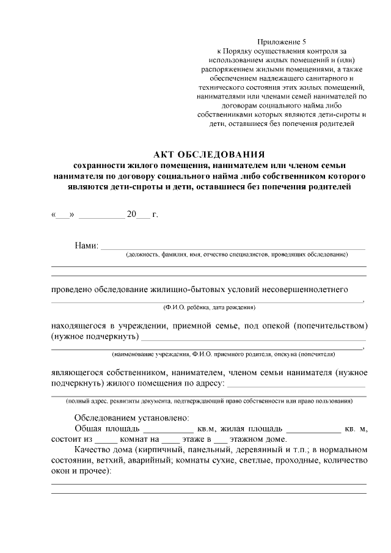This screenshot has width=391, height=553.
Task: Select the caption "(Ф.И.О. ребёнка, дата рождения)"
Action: click(209, 306)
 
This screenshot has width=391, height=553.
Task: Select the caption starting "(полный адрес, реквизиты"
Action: click(209, 401)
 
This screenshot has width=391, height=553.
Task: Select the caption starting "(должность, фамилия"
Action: click(236, 254)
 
